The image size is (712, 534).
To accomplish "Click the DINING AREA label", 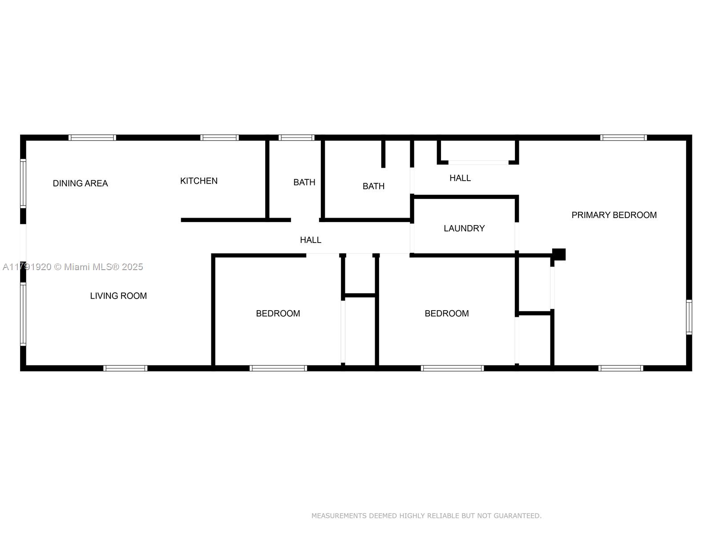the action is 80,183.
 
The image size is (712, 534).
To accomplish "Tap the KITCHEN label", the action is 199,181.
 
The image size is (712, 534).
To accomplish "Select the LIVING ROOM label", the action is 118,295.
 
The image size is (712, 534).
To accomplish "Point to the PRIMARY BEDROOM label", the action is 614,215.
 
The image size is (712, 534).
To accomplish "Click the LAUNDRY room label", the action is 464,228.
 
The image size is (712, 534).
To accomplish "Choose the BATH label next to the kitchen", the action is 304,182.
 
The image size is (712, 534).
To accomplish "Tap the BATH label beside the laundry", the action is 373,186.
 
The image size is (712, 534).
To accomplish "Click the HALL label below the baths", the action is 311,240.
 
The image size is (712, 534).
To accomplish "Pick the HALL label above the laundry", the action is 460,178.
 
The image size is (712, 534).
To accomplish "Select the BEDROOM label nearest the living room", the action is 278,314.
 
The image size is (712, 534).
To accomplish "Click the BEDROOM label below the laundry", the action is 447,314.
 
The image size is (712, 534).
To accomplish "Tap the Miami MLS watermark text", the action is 73,267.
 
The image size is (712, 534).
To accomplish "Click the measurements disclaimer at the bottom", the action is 426,515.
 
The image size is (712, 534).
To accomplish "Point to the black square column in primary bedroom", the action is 559,254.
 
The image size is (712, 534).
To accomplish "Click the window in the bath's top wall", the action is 296,138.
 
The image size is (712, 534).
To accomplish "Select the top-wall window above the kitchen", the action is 219,138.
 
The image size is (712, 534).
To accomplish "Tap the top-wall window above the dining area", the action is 92,138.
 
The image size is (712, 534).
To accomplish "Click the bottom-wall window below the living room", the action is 125,368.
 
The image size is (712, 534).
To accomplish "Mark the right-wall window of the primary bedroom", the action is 689,317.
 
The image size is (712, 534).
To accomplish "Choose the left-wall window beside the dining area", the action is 23,183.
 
